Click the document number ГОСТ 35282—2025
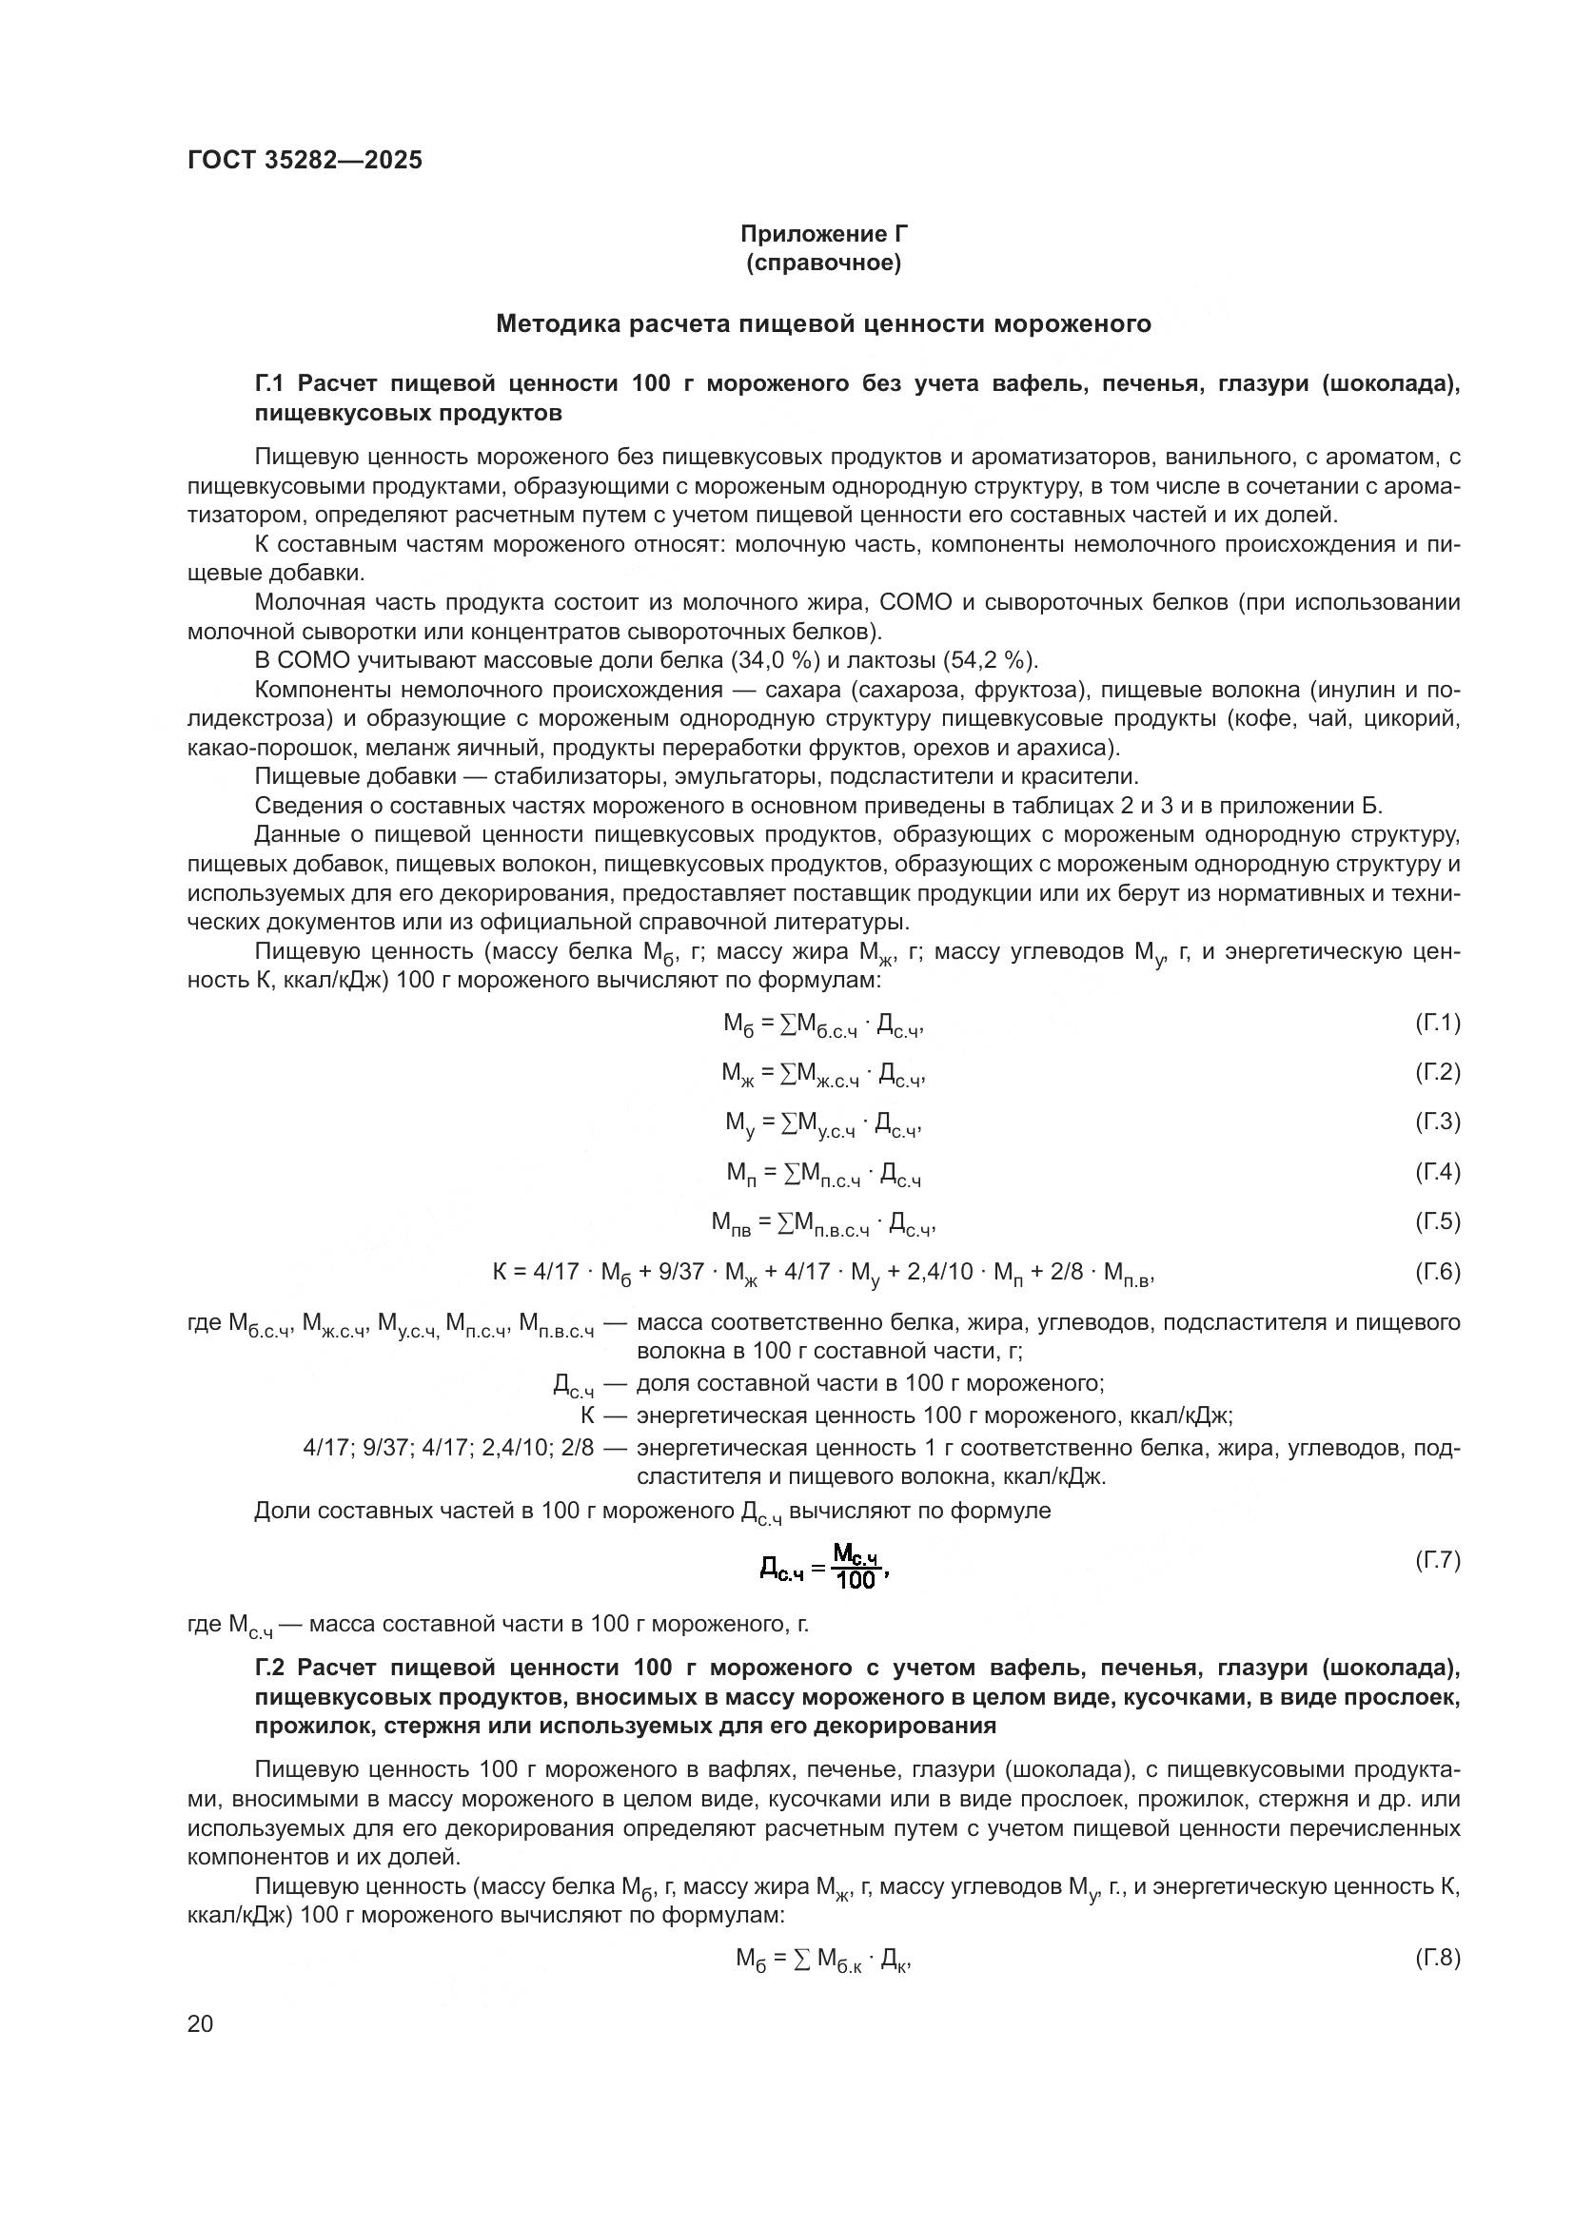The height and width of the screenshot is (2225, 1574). [305, 160]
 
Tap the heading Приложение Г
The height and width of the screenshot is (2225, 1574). [824, 234]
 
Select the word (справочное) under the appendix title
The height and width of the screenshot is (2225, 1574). [824, 263]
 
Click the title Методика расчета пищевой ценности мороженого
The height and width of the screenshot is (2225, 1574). [824, 323]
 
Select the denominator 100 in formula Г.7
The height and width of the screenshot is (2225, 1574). [856, 1581]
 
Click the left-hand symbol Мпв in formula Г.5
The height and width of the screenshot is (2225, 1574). [731, 1224]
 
